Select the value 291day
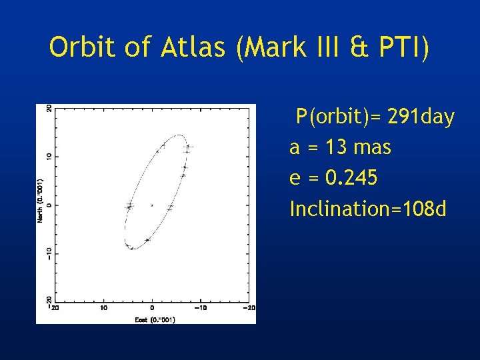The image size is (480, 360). coord(419,118)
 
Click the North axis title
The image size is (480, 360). coord(41,200)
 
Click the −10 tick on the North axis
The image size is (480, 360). coord(48,253)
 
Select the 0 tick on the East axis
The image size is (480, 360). coord(152,308)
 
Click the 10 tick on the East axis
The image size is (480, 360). coord(103,308)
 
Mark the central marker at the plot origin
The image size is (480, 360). coord(152,205)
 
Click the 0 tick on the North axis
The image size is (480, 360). coord(48,205)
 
